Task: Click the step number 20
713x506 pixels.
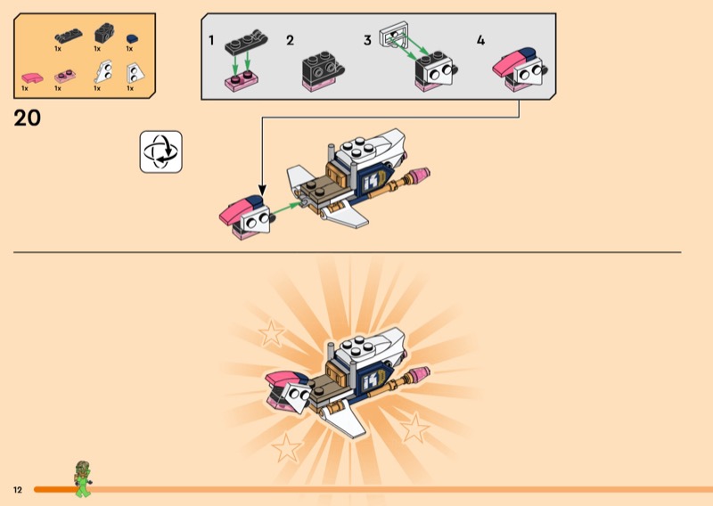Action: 28,118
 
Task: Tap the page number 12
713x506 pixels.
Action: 18,490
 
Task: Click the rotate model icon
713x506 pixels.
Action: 161,151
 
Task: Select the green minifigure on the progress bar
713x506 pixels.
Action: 82,478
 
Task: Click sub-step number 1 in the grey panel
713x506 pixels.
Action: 211,40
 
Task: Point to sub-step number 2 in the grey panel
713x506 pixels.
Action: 290,40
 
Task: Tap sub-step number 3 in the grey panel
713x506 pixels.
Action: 367,40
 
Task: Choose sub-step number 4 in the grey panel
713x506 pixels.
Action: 480,40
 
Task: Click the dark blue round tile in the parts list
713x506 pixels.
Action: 132,38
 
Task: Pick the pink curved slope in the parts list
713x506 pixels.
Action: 32,78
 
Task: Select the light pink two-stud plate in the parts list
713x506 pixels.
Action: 65,76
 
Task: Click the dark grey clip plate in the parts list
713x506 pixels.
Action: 69,36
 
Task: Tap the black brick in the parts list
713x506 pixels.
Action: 104,33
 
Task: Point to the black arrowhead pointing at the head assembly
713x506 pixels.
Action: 262,190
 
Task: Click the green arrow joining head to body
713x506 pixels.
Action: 286,208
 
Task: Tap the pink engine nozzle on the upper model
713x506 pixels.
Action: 420,174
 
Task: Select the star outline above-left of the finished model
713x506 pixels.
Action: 272,333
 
